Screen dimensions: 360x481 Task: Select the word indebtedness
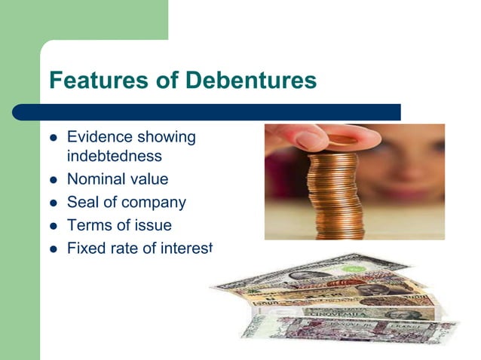(114, 156)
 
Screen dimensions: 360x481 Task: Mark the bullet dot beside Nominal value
(53, 180)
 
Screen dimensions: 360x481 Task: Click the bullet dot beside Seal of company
(53, 203)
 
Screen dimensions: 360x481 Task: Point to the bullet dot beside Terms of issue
(53, 225)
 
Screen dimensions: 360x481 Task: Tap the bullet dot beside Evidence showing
(53, 138)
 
